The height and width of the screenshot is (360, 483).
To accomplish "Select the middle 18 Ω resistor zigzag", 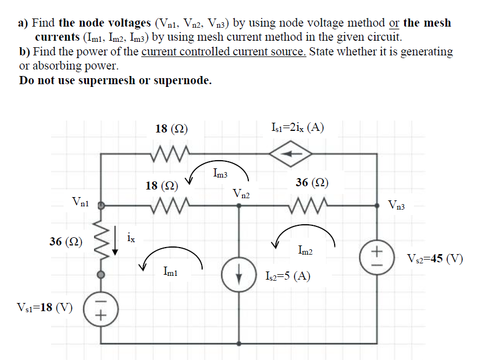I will (x=170, y=206).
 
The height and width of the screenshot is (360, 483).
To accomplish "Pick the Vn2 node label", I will (x=241, y=193).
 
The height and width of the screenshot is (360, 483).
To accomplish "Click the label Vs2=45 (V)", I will (x=435, y=258).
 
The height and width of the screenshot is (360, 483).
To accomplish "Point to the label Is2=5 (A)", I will (x=287, y=276).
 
